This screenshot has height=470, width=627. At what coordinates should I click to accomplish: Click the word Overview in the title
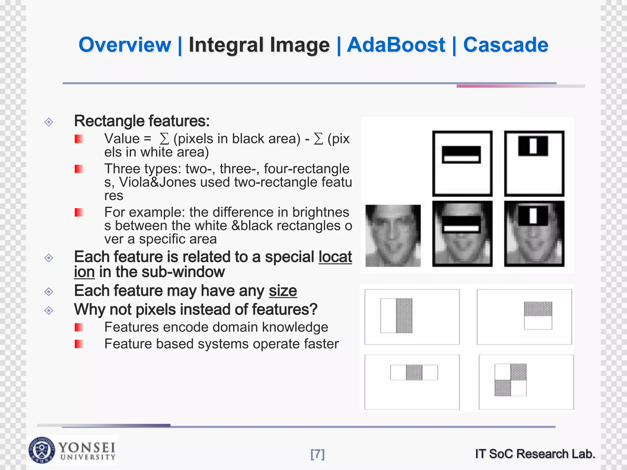(x=125, y=45)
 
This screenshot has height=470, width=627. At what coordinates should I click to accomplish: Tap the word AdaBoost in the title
(x=396, y=45)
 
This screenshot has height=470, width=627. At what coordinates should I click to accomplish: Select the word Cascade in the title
(x=505, y=45)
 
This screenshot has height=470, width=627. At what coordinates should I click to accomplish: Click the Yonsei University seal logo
(x=42, y=450)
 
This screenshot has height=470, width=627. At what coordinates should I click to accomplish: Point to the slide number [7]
(x=317, y=454)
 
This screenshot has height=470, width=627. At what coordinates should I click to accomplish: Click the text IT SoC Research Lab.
(x=535, y=454)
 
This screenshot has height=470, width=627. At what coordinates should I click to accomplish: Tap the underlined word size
(x=283, y=291)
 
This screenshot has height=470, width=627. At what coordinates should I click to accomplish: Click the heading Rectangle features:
(x=142, y=121)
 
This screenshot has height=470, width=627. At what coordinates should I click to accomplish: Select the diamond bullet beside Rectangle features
(x=49, y=122)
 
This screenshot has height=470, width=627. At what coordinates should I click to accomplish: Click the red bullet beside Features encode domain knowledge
(x=79, y=327)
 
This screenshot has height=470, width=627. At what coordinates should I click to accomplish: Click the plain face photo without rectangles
(x=393, y=235)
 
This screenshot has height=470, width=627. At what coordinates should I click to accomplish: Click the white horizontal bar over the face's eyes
(x=461, y=228)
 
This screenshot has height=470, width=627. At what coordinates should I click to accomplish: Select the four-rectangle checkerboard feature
(x=510, y=380)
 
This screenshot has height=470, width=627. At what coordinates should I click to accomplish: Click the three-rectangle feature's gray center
(x=414, y=372)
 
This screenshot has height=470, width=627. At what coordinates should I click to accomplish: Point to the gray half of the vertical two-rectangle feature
(x=404, y=315)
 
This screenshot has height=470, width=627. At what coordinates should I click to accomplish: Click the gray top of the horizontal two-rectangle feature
(x=538, y=309)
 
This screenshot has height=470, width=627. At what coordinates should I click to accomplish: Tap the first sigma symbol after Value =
(x=164, y=139)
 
